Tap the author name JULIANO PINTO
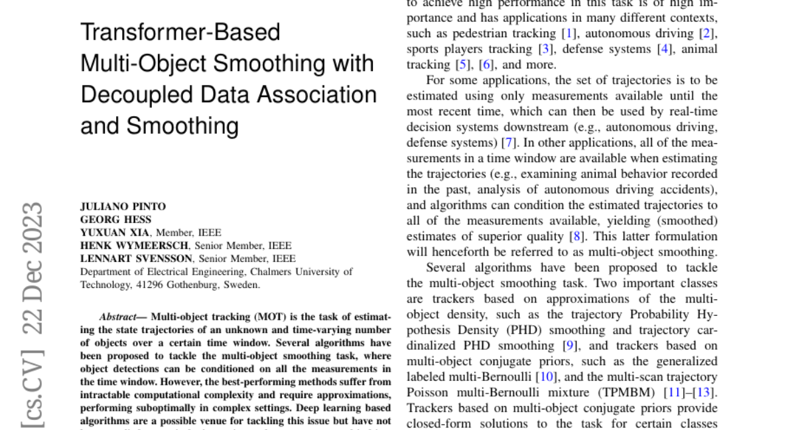[x=123, y=206]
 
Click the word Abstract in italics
[x=117, y=317]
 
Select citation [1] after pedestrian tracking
[x=568, y=33]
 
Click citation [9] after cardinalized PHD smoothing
[x=568, y=346]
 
